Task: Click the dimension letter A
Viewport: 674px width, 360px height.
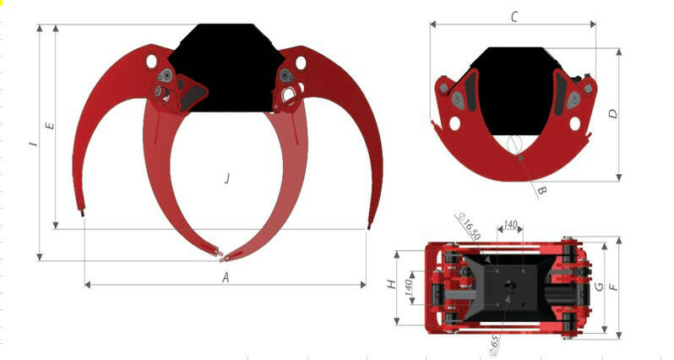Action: click(226, 277)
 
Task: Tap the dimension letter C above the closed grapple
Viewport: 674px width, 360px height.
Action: click(514, 17)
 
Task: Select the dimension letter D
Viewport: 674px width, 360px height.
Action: click(613, 114)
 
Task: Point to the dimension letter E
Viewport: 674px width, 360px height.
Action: click(51, 126)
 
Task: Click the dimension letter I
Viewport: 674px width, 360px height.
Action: click(34, 143)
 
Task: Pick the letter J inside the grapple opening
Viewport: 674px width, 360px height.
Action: click(227, 177)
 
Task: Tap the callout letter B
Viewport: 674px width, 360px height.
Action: click(542, 190)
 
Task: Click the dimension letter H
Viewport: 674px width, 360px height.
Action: click(391, 284)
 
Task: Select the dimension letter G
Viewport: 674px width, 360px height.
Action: click(599, 286)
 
